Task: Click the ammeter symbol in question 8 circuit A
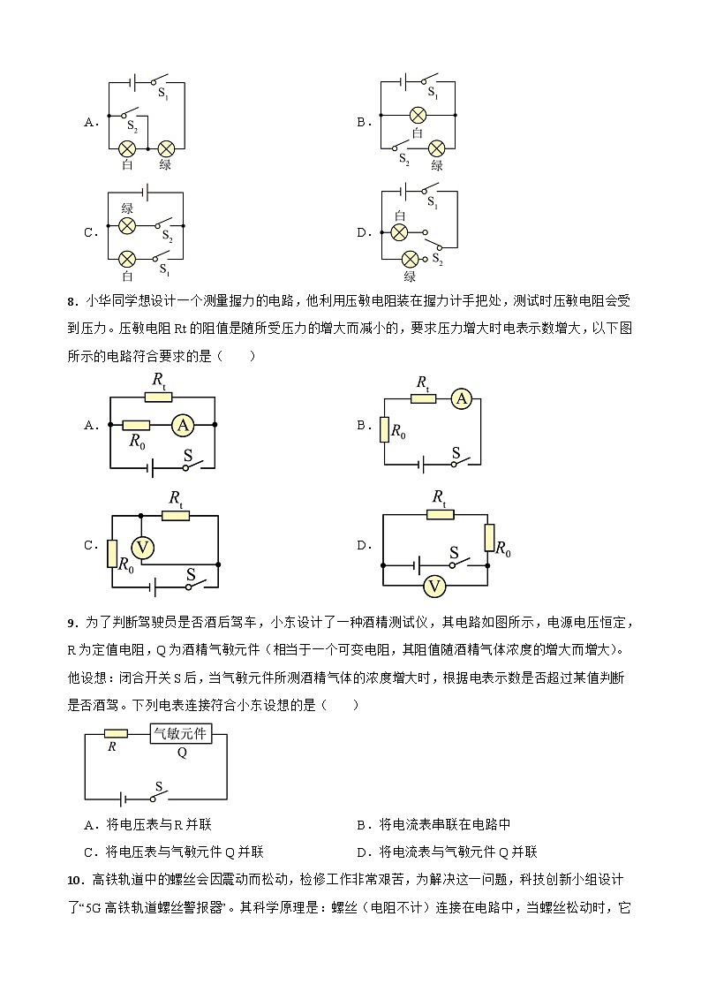click(x=183, y=425)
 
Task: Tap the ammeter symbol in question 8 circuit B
click(x=461, y=400)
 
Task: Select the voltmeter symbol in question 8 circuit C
click(x=144, y=548)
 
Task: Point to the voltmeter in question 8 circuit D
click(x=433, y=585)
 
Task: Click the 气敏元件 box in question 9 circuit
click(x=180, y=733)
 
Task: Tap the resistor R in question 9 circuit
click(x=115, y=733)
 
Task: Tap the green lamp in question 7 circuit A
click(x=165, y=148)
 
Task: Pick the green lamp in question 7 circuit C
click(x=127, y=226)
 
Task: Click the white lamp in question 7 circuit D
click(x=399, y=232)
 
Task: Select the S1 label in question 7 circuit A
click(x=163, y=90)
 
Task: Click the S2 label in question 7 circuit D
click(x=437, y=260)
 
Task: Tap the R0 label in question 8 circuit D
click(x=503, y=550)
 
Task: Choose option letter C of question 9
click(x=88, y=852)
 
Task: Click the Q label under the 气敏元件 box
click(x=182, y=753)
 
